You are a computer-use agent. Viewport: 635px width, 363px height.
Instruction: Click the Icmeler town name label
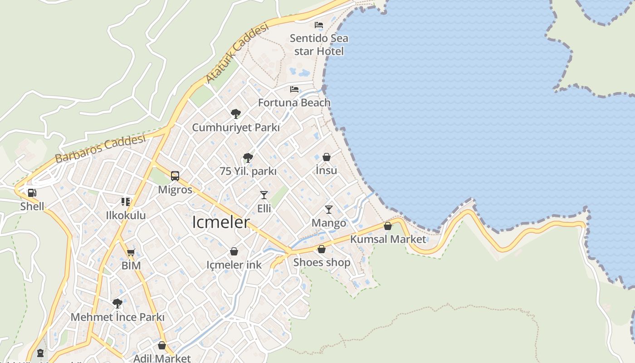click(x=221, y=222)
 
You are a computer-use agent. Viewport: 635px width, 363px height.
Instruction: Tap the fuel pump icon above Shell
click(x=32, y=192)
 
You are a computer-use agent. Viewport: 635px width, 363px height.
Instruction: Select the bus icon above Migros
click(x=175, y=176)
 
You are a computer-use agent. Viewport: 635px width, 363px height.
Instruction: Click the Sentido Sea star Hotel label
click(x=319, y=44)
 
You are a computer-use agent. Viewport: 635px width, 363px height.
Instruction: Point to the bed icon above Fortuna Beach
click(x=294, y=89)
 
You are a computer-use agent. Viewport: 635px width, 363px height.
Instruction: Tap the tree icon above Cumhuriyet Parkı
click(x=235, y=113)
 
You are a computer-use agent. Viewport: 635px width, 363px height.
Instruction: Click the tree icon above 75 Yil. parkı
click(x=248, y=157)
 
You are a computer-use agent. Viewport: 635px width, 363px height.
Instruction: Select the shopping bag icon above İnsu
click(x=327, y=157)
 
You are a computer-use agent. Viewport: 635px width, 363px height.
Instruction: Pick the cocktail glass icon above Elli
click(x=264, y=195)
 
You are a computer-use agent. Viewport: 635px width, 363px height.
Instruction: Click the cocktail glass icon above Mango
click(x=329, y=210)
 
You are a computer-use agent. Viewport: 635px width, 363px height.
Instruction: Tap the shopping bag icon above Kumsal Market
click(x=388, y=226)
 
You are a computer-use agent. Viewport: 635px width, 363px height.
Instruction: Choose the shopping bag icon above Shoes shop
click(x=322, y=249)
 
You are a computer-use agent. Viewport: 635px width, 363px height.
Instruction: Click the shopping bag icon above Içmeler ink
click(x=234, y=251)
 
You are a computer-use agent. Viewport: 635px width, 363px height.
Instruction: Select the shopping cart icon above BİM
click(x=131, y=252)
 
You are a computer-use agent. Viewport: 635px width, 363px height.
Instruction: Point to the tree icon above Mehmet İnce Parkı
click(x=117, y=303)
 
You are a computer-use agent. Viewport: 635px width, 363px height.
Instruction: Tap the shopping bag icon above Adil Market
click(x=162, y=345)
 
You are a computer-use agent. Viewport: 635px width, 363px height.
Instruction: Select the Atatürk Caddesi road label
click(x=237, y=53)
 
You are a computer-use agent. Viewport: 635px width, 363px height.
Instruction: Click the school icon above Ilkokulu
click(x=126, y=201)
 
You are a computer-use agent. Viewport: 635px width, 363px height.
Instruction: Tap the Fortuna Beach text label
click(x=294, y=103)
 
